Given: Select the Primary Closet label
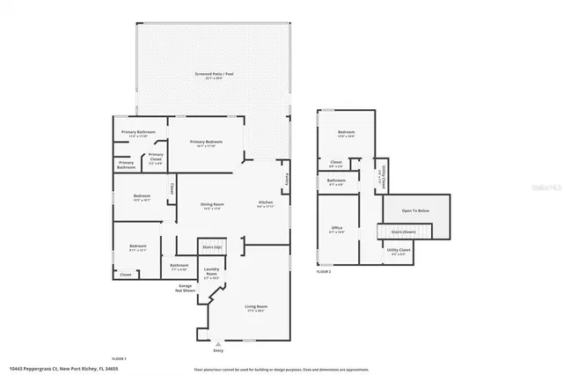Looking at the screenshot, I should [155, 158].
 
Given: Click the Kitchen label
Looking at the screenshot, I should [265, 203].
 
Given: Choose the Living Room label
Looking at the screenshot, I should [255, 308].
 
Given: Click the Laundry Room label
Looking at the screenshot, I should [211, 272].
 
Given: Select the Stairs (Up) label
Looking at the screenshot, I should [211, 246].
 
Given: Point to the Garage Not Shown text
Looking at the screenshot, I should [186, 287].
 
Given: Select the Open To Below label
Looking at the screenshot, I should [415, 211].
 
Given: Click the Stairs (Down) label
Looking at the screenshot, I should [403, 232].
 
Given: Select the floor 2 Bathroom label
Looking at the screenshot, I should [336, 182].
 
